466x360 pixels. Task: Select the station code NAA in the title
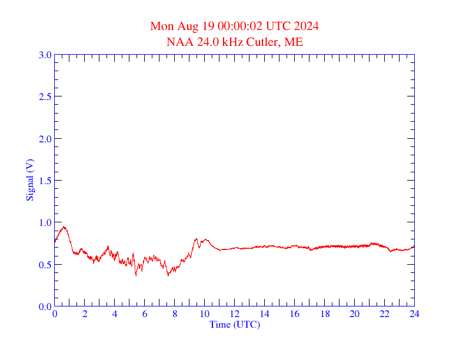178,42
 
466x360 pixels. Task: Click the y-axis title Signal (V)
29,180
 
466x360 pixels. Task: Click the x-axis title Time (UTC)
235,324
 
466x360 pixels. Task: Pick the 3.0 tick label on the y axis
45,55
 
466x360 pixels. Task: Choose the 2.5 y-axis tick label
45,96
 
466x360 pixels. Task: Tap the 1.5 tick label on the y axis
45,181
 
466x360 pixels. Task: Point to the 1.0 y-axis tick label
45,222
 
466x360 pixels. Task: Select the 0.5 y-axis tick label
45,265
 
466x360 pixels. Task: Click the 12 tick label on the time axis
235,314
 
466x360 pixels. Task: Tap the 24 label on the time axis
414,314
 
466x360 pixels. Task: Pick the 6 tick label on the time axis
145,314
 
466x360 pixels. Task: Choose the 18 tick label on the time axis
325,314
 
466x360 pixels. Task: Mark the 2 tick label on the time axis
85,314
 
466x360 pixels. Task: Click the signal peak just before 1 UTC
64,226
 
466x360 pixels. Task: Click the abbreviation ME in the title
294,42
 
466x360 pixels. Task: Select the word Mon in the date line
162,26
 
